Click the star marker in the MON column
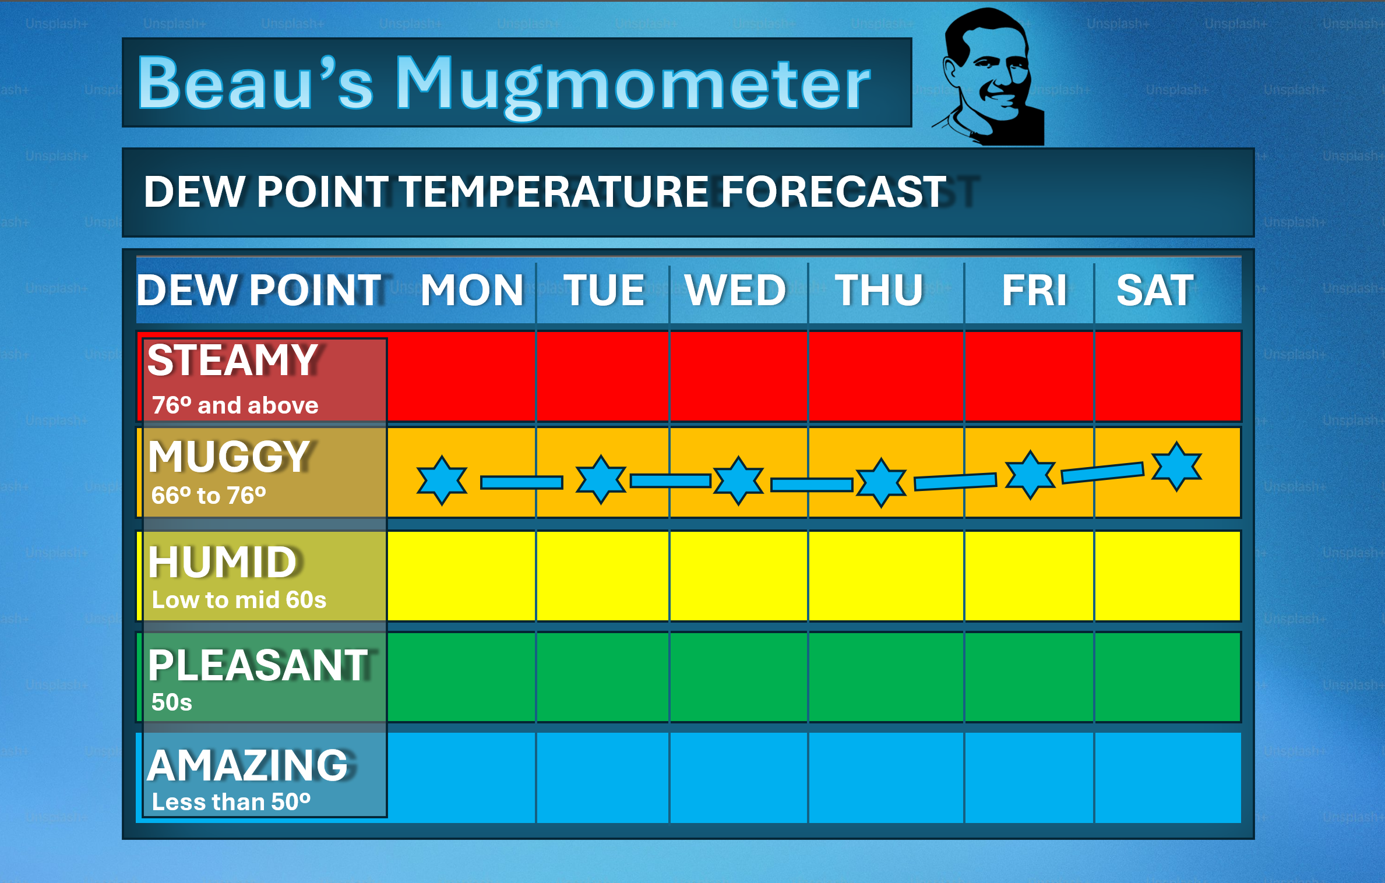tap(442, 480)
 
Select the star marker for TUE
tap(601, 479)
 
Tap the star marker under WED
tap(739, 481)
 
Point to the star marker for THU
tap(881, 482)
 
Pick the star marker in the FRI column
tap(1031, 474)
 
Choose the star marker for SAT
tap(1177, 467)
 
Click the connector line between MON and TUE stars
tap(521, 482)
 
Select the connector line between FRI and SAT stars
tap(1102, 472)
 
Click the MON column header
tap(473, 290)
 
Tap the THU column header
tap(879, 290)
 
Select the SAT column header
tap(1155, 290)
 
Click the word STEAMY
tap(232, 360)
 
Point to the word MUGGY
tap(230, 456)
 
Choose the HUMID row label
tap(223, 562)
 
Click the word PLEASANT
tap(258, 665)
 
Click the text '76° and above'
tap(235, 405)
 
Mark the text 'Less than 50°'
tap(231, 801)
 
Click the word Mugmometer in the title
tap(633, 86)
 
